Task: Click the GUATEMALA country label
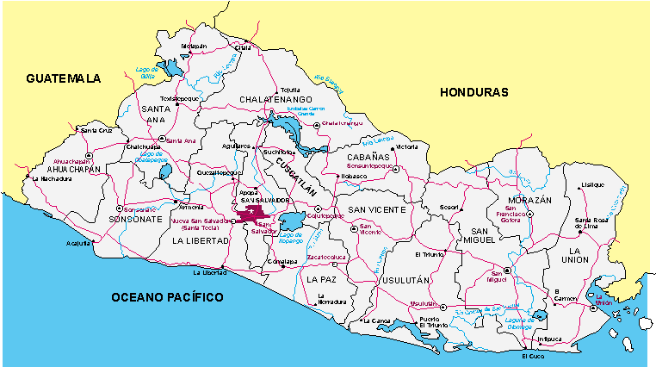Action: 63,78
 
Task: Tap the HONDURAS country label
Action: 473,92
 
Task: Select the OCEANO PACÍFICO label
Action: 167,297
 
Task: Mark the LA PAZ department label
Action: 321,280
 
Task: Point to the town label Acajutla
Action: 77,244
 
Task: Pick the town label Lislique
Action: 592,184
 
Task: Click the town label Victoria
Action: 406,147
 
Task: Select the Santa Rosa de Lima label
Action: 597,223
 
